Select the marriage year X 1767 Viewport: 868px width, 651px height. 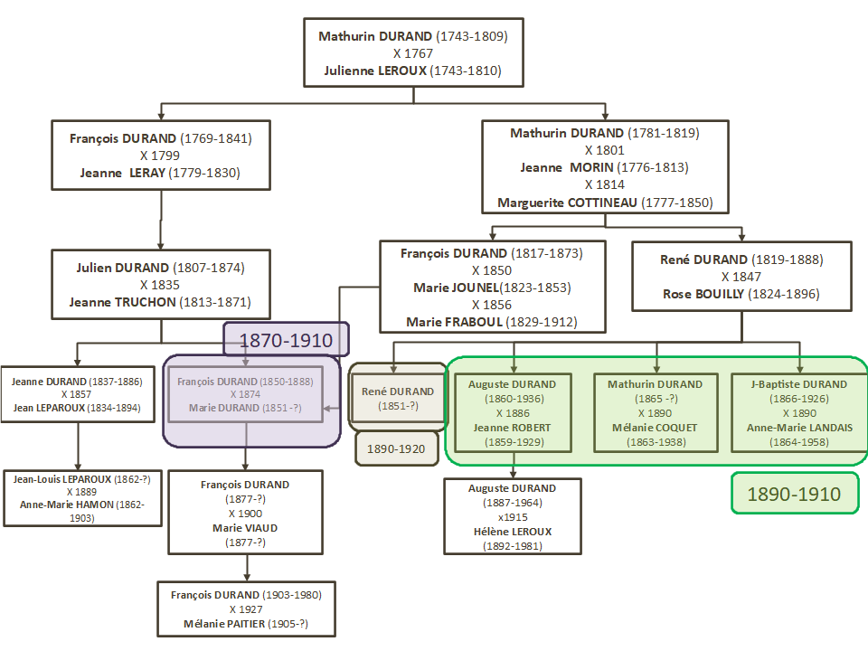click(413, 53)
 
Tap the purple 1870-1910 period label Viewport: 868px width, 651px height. click(286, 342)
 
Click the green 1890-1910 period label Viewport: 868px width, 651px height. click(794, 494)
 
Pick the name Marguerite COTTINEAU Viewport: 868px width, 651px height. click(569, 203)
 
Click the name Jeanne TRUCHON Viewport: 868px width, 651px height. click(121, 302)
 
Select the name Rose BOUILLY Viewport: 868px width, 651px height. click(702, 294)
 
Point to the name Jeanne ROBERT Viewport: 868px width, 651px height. click(513, 428)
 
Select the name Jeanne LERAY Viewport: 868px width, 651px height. click(122, 173)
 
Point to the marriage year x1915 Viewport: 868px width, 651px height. click(513, 517)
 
